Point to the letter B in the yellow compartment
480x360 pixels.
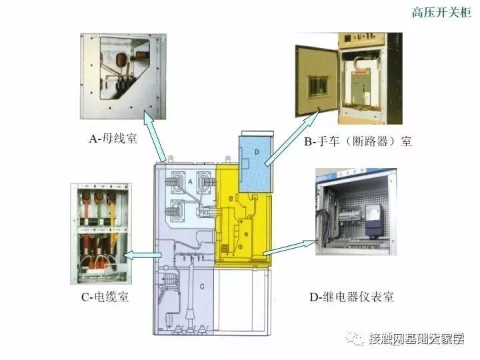click(231, 199)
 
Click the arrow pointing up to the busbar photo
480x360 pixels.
click(156, 139)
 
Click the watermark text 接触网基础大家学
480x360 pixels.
click(416, 339)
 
